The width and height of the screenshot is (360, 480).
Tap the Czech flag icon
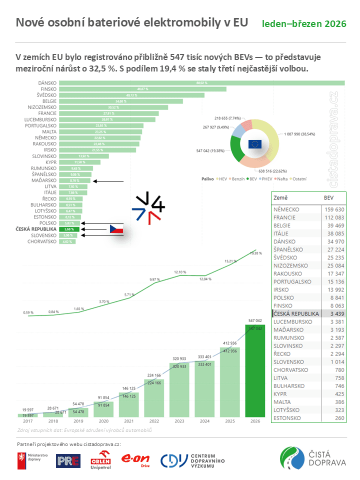click(x=116, y=229)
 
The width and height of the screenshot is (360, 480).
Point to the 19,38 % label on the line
click(x=255, y=253)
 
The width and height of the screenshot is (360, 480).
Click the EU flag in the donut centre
click(x=255, y=144)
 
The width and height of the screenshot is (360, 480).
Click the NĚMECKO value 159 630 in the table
click(x=334, y=209)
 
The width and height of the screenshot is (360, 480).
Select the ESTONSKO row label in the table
click(x=287, y=417)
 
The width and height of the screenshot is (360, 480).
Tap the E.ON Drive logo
click(x=135, y=459)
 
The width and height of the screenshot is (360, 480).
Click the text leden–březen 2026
click(x=304, y=23)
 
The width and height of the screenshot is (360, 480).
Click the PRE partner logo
click(x=68, y=460)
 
